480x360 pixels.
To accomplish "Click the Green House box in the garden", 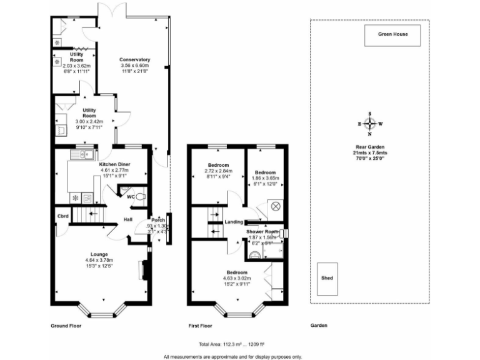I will point(392,35).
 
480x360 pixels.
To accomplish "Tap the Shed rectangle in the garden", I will point(327,278).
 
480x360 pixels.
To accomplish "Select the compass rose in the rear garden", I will point(370,124).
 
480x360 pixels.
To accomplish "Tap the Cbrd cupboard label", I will point(62,216).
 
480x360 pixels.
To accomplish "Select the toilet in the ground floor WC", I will point(141,197).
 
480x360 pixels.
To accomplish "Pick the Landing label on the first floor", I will point(234,222).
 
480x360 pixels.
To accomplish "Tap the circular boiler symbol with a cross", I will point(276,206).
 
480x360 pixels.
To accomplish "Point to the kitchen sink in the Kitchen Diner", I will point(82,154).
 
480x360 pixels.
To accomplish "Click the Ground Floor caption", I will point(66,326).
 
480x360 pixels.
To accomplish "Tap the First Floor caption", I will point(201,326).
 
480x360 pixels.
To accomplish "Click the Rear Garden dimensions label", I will point(371,154).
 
